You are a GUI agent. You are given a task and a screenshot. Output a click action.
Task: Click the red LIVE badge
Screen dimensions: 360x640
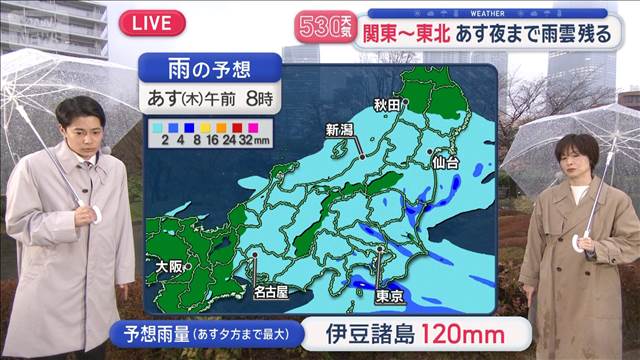click(151, 22)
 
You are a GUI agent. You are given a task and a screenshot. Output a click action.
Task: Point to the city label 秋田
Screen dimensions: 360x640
click(386, 103)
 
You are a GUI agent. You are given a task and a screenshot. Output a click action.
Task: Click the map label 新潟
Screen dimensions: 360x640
click(340, 129)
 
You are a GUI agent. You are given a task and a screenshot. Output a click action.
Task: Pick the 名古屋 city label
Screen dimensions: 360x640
click(270, 292)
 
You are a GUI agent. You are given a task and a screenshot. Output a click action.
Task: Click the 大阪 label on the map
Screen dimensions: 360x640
click(170, 267)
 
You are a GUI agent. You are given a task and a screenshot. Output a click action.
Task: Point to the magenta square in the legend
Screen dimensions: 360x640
click(253, 129)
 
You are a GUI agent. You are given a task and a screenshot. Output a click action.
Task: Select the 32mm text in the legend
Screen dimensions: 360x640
click(258, 142)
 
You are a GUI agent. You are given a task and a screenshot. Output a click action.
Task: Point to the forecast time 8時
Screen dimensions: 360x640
click(261, 101)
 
